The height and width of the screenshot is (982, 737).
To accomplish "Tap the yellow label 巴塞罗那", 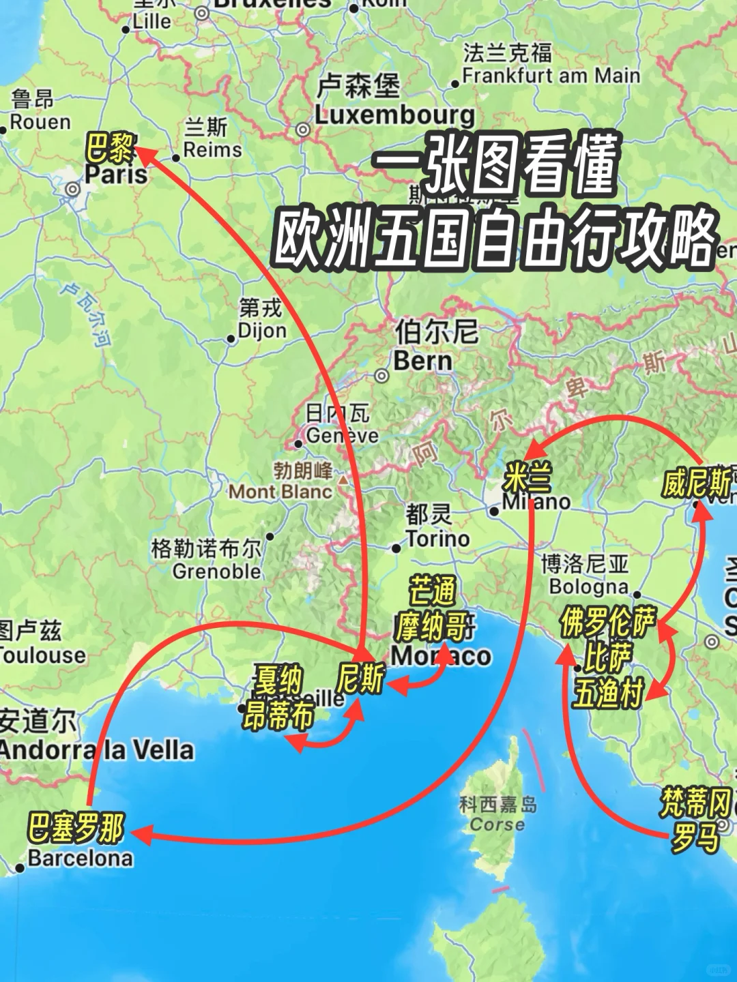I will point(76,827).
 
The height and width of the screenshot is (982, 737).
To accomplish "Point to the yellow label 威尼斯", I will point(696,483).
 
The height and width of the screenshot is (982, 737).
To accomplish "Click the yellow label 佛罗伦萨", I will point(607,622).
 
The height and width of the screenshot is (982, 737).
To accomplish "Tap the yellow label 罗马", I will point(695,837).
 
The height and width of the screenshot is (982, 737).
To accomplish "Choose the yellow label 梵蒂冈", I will point(695,802).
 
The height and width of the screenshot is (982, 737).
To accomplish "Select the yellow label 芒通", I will point(432,591).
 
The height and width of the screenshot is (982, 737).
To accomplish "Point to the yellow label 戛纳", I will point(278,680).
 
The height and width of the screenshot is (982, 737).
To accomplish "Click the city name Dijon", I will point(262,331).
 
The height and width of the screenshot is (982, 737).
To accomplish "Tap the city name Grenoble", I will point(216,571).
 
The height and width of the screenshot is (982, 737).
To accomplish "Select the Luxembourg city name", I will point(394,115).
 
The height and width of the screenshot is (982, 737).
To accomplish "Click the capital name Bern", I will point(422,361).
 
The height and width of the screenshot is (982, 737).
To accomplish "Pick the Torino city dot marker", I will point(396,548).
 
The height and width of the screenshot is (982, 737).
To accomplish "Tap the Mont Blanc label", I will point(280,491).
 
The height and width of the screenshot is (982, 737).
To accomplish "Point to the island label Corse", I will point(497,824).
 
